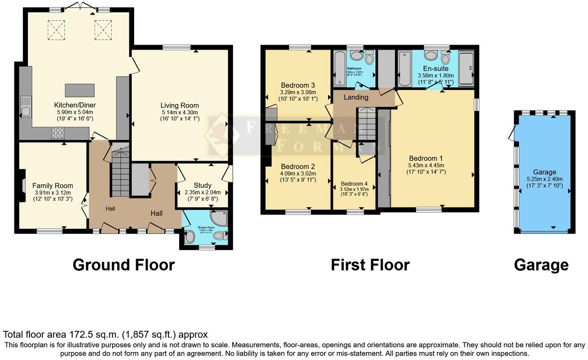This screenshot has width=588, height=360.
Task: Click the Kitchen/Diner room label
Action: (x=75, y=105)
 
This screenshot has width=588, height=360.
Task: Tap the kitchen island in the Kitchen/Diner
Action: (x=79, y=91)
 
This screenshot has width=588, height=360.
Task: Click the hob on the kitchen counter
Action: (x=57, y=133)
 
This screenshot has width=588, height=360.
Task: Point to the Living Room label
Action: (x=179, y=106)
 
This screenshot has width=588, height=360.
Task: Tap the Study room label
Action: (x=203, y=185)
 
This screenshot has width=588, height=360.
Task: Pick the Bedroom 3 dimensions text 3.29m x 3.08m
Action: (x=298, y=92)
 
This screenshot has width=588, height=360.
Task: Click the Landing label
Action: (x=356, y=97)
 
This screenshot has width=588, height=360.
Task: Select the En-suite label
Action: (x=436, y=68)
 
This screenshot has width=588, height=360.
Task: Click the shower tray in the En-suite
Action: (x=466, y=69)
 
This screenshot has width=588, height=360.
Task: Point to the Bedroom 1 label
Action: (x=426, y=158)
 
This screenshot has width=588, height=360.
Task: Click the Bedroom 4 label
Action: (x=354, y=184)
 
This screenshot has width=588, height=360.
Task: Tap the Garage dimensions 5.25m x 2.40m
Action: (x=545, y=179)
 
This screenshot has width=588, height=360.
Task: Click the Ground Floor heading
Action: (x=124, y=265)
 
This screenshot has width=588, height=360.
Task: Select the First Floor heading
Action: (x=370, y=265)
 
